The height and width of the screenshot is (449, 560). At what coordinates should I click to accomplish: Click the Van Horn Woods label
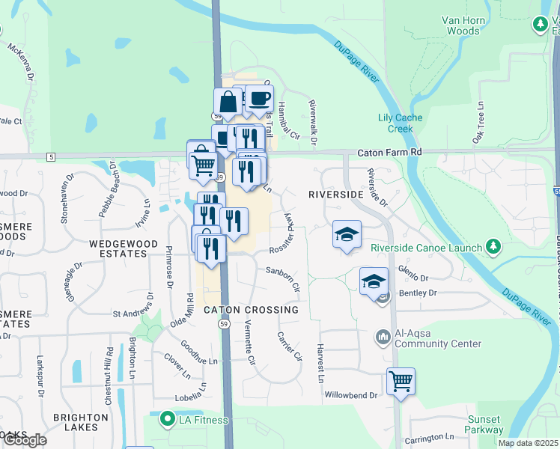(462, 25)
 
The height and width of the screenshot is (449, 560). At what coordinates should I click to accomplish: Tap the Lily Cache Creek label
(400, 123)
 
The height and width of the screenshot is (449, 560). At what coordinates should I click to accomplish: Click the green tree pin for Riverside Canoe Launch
(493, 246)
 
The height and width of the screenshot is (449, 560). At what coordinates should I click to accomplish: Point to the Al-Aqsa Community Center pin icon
(383, 337)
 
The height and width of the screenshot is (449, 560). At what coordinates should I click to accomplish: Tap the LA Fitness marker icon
(165, 421)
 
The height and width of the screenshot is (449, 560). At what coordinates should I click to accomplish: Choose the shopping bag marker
(228, 102)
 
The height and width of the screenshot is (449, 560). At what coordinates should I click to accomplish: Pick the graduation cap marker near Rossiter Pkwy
(347, 234)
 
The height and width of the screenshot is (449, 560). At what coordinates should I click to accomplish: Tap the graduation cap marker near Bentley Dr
(374, 281)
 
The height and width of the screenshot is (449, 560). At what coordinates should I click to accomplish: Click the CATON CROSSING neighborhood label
(251, 310)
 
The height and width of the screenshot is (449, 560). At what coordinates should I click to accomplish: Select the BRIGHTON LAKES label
(75, 422)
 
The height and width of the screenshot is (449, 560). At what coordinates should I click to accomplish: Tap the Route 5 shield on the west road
(50, 156)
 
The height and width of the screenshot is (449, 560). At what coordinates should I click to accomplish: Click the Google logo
(25, 440)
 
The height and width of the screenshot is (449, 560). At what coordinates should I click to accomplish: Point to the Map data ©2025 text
(528, 443)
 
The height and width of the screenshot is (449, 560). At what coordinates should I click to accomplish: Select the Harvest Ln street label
(320, 364)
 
